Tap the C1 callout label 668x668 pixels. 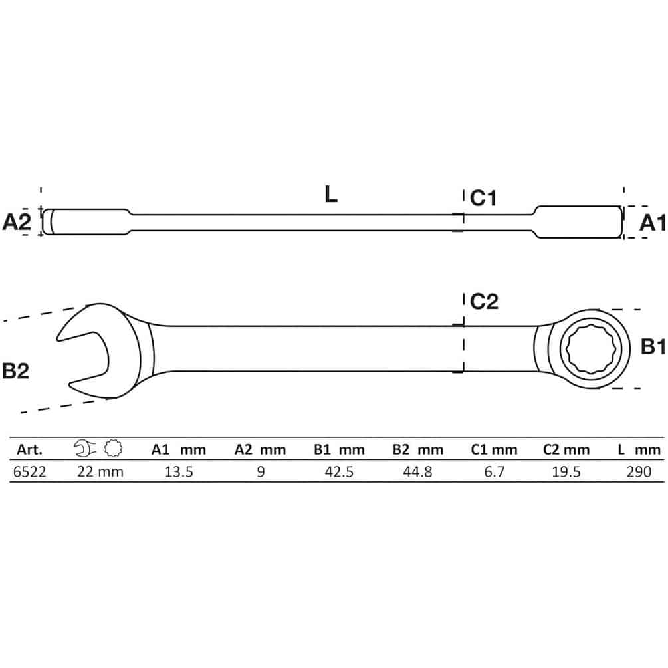(483, 198)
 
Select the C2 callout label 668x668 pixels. (484, 302)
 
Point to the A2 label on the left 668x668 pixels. (17, 222)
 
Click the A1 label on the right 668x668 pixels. (652, 223)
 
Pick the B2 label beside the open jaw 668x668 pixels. (16, 371)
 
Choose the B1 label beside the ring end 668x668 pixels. (653, 347)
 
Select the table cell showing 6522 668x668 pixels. (29, 472)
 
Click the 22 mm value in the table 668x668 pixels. (100, 472)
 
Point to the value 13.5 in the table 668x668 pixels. (179, 472)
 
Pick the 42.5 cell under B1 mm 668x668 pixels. (339, 472)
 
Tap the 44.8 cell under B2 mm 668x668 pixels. (417, 472)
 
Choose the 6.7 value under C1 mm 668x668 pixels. (494, 472)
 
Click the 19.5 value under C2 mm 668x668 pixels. (566, 472)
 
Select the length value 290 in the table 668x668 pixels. (639, 472)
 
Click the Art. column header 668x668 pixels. (30, 449)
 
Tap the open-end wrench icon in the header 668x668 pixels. (85, 449)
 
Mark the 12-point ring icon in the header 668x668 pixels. (113, 448)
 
